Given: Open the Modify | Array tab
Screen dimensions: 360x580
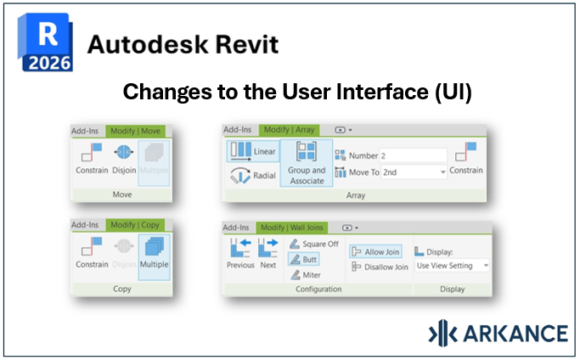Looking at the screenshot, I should pyautogui.click(x=289, y=130).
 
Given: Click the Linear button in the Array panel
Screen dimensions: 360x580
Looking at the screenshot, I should pyautogui.click(x=252, y=152).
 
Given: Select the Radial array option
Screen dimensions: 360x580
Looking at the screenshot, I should pyautogui.click(x=252, y=177).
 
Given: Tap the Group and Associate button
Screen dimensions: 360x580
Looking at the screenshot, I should pyautogui.click(x=307, y=164).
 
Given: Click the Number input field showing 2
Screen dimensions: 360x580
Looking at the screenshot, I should pyautogui.click(x=413, y=155).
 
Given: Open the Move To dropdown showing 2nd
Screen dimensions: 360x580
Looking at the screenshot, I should pyautogui.click(x=413, y=172).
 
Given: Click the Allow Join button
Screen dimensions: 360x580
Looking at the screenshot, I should pyautogui.click(x=376, y=251).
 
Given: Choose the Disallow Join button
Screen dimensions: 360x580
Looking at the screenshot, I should pyautogui.click(x=379, y=267).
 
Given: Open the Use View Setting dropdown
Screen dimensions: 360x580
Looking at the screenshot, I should pyautogui.click(x=452, y=266).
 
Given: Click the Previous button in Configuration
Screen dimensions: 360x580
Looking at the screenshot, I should pyautogui.click(x=240, y=254).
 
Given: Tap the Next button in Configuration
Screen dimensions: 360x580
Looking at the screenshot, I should pyautogui.click(x=267, y=254).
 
